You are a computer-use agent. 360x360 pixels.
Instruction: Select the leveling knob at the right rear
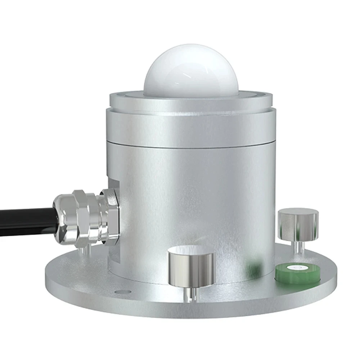[x=298, y=225]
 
